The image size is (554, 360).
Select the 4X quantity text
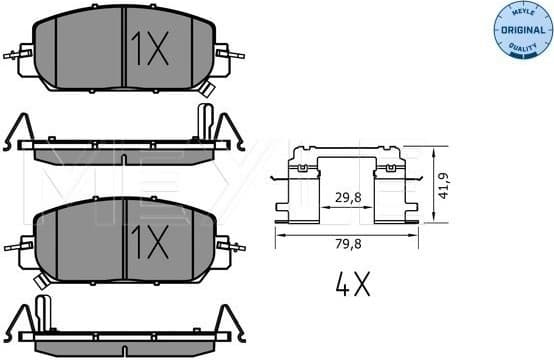352,287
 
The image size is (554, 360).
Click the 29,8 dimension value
348,197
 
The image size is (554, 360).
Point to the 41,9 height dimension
445,187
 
